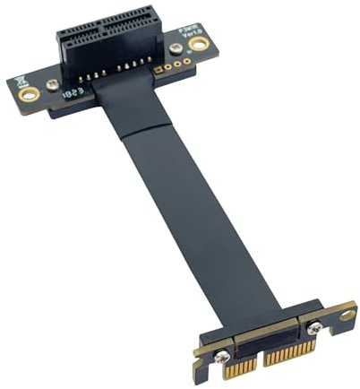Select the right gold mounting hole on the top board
pos(198,42)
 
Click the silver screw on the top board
pos(53,85)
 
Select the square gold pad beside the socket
pos(159,68)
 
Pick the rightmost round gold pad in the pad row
pos(187,60)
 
